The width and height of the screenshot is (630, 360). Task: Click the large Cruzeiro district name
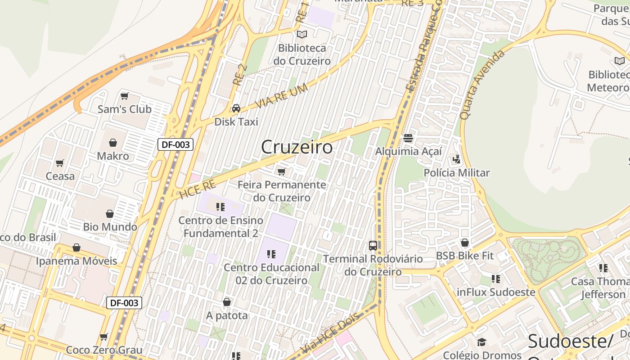point(297,147)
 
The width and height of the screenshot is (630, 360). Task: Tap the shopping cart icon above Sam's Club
point(125,96)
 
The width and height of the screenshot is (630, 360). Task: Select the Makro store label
point(113,156)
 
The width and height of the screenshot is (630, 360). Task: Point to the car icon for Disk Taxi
point(236,108)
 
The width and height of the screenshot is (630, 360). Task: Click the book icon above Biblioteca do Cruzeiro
point(302,34)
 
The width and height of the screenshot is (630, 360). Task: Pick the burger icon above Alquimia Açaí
point(408,138)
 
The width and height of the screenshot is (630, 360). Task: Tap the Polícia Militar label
point(456,173)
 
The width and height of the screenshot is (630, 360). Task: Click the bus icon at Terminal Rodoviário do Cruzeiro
point(373,246)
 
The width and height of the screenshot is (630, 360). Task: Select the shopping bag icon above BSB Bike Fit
point(465,243)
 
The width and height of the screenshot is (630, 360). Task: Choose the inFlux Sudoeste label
point(496,292)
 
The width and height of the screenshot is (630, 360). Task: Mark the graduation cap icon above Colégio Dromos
point(481,342)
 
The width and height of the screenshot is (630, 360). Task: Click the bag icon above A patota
point(227,302)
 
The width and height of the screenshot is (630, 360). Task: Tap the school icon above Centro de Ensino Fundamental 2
point(220,207)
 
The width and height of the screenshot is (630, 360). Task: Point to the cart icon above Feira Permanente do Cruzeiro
point(282,171)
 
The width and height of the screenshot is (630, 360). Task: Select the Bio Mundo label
point(110,227)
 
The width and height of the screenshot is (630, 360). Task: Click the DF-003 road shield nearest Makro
point(175,144)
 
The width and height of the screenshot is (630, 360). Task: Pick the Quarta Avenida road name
point(482,85)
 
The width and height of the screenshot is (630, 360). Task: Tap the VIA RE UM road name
point(281,96)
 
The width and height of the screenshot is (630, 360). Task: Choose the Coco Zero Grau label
point(104,350)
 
